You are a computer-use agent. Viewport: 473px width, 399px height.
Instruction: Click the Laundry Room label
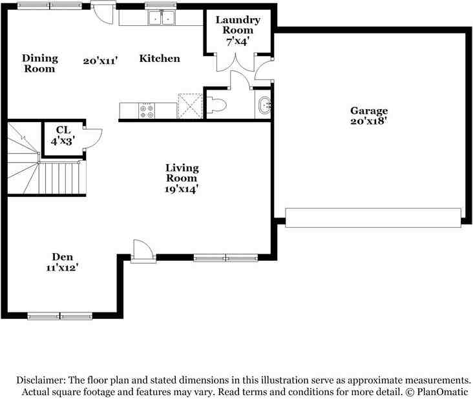238,25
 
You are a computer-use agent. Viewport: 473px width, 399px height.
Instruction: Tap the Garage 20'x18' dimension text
368,121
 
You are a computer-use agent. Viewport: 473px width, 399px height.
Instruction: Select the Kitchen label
160,59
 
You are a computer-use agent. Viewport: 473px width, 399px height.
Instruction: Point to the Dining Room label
40,63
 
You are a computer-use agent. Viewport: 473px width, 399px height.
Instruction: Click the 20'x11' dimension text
100,61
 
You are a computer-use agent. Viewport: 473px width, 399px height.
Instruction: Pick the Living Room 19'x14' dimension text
182,189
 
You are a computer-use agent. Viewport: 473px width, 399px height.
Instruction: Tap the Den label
63,257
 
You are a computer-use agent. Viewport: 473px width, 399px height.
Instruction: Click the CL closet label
63,130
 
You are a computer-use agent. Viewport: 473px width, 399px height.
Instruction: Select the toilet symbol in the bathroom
216,105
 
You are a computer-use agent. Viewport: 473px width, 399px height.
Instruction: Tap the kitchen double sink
162,17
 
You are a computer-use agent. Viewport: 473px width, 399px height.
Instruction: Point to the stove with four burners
147,111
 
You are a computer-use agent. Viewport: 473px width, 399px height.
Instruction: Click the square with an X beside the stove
191,106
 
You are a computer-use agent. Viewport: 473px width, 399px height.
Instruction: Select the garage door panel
373,218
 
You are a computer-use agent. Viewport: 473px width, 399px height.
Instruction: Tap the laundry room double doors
236,63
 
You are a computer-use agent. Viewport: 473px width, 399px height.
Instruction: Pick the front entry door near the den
143,251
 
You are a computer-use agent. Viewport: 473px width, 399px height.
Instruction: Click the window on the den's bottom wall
59,316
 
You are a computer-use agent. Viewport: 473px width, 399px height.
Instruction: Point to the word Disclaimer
41,380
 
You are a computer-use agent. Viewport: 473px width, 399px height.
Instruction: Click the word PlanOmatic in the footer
442,392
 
